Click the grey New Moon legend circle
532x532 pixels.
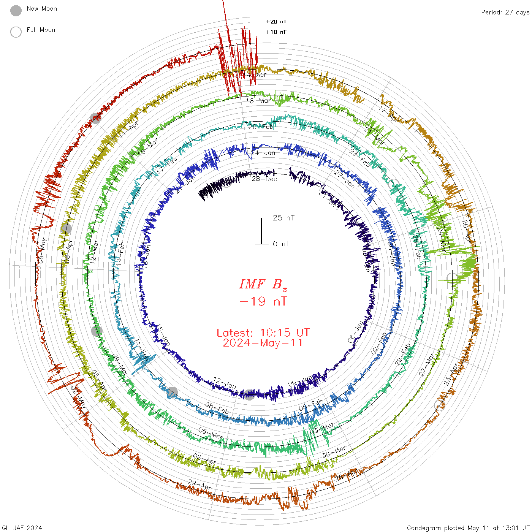16,11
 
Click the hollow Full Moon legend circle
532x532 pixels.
16,32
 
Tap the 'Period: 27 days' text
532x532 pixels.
505,12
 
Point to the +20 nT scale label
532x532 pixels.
276,22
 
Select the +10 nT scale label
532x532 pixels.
276,32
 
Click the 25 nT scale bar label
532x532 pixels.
283,218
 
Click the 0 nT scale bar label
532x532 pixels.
281,244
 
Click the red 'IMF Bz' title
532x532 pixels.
263,284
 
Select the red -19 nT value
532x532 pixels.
263,301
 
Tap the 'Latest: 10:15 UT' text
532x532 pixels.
263,333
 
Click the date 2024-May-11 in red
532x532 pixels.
263,343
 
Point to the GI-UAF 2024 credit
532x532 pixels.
21,528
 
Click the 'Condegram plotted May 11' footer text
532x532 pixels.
468,528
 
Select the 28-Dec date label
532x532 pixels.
264,179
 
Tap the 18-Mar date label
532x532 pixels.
258,101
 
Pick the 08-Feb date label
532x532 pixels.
217,408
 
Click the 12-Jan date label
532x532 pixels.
224,383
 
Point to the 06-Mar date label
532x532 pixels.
210,433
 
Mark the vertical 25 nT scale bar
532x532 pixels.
261,231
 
